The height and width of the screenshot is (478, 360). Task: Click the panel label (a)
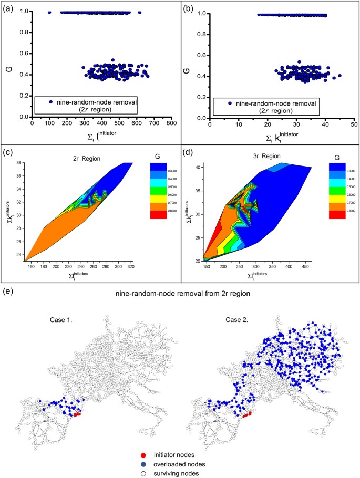coord(10,8)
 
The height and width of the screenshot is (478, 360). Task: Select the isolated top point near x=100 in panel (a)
coord(50,12)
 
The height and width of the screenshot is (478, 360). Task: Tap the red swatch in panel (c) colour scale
coord(157,215)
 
